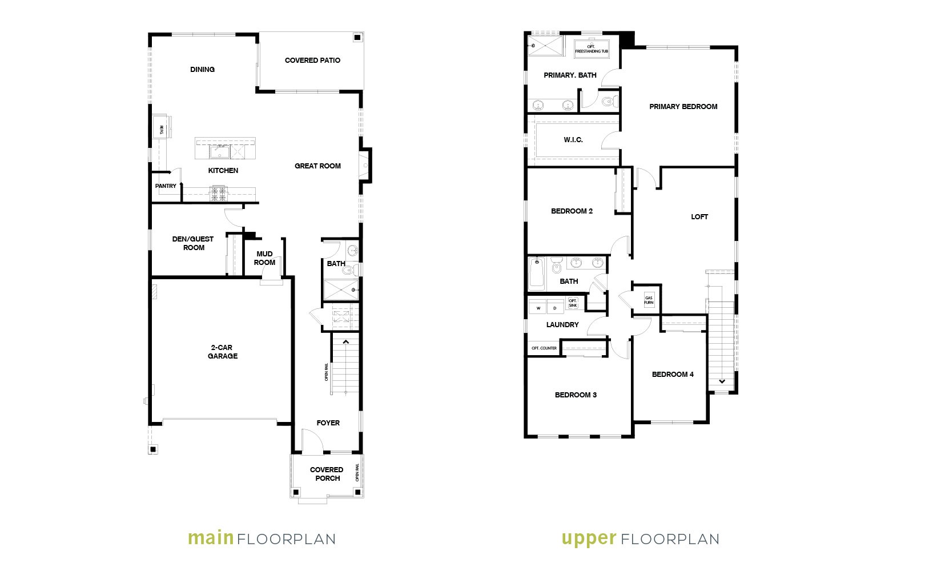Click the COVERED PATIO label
[312, 61]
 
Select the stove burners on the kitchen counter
[219, 194]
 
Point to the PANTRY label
[166, 186]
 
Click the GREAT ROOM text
[317, 166]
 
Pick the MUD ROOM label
[265, 258]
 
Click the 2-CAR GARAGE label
[222, 352]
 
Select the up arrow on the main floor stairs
[345, 342]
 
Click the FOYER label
[328, 423]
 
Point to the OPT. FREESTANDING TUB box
[592, 49]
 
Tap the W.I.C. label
[573, 140]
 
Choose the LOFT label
[699, 217]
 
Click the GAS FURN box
[649, 300]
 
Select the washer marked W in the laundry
[538, 308]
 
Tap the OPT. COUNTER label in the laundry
[544, 348]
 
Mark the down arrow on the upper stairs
[722, 381]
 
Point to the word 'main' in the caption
[211, 538]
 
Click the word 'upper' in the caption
[589, 539]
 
